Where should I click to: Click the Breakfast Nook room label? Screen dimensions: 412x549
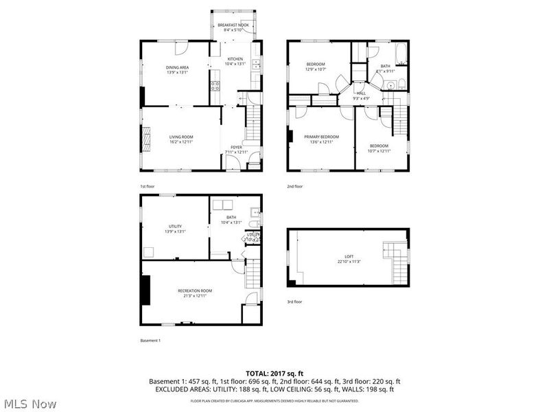tap(233, 25)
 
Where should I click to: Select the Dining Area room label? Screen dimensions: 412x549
tap(178, 67)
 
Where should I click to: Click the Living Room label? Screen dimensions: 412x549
tap(181, 137)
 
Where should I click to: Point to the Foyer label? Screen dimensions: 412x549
tap(235, 147)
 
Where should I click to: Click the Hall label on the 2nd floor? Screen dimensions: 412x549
tap(360, 93)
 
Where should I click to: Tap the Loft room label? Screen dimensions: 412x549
tap(349, 257)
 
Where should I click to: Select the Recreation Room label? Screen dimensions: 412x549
tap(192, 291)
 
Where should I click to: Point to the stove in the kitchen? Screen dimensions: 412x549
tap(215, 86)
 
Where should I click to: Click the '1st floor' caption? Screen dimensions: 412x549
tap(148, 186)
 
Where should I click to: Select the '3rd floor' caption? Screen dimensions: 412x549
tap(294, 301)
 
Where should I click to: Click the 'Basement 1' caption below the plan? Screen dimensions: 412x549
tap(150, 341)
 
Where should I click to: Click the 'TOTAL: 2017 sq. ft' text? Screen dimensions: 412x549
tap(274, 373)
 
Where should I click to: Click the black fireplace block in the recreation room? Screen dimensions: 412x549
tap(145, 290)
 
